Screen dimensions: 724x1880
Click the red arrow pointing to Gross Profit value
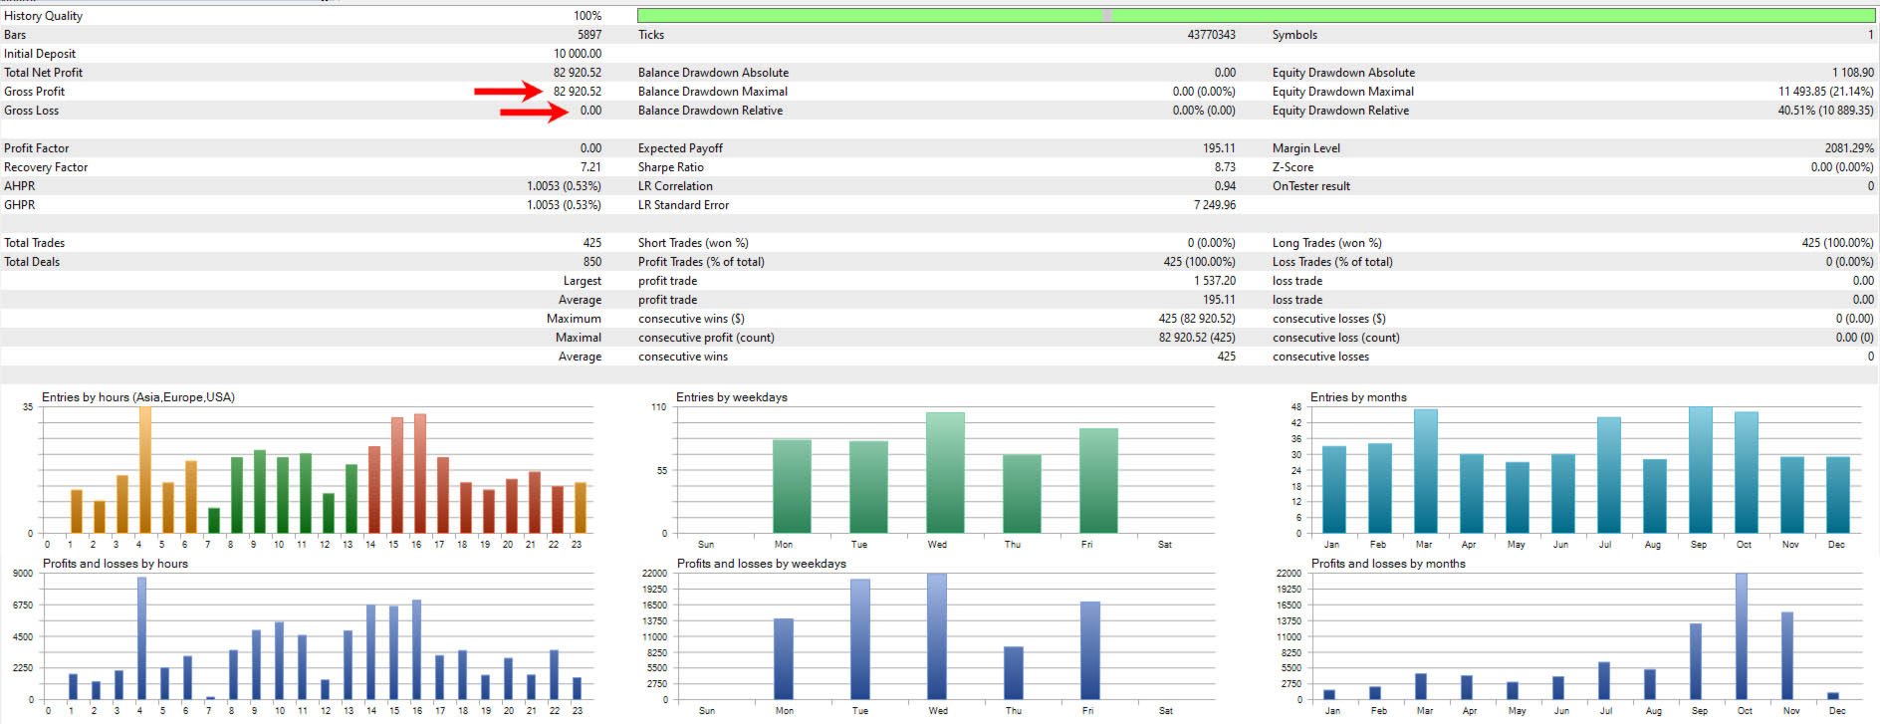click(x=508, y=93)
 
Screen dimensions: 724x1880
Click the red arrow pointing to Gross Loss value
click(x=534, y=112)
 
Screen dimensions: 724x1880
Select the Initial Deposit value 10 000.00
click(x=578, y=54)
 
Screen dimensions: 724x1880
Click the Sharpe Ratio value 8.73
click(x=1225, y=167)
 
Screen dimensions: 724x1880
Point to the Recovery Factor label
click(x=46, y=167)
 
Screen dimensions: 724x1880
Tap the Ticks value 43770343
click(x=1211, y=35)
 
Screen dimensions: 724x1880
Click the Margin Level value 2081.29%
click(x=1849, y=148)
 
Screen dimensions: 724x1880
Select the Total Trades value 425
click(x=591, y=243)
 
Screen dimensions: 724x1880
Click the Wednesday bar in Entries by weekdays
click(x=945, y=472)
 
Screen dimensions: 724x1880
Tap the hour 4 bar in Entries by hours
click(x=144, y=469)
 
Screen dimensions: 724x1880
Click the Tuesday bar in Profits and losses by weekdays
click(x=860, y=638)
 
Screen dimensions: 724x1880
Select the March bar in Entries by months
click(x=1425, y=470)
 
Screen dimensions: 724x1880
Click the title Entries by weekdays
click(x=731, y=397)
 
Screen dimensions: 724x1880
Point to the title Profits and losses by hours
click(x=115, y=564)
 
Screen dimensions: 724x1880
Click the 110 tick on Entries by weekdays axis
click(x=658, y=407)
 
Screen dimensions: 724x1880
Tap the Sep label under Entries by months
click(x=1699, y=545)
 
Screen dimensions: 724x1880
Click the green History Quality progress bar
click(x=1255, y=16)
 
